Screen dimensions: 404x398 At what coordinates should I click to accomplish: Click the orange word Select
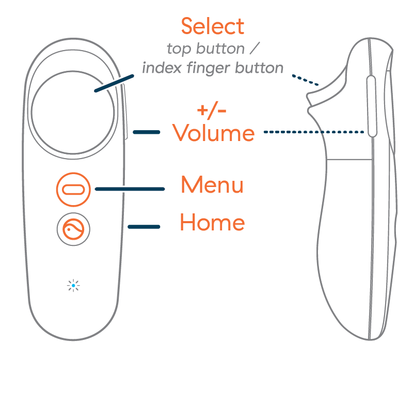point(212,26)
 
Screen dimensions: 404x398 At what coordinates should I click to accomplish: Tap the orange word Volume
point(213,133)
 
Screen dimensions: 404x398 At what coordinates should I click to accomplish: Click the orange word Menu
point(212,185)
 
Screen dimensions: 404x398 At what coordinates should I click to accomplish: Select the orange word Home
point(212,223)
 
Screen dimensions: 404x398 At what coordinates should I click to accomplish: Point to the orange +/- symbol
point(212,111)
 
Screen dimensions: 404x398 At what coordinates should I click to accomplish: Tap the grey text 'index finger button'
point(212,68)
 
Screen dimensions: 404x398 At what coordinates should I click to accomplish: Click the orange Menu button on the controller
point(73,189)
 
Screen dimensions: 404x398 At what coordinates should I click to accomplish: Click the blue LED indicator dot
point(73,285)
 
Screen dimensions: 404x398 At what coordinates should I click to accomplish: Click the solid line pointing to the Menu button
point(130,189)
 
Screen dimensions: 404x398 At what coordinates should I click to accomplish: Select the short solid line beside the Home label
point(144,226)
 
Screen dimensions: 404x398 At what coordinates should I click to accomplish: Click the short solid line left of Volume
point(146,132)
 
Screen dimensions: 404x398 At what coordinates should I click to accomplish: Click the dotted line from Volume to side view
point(315,132)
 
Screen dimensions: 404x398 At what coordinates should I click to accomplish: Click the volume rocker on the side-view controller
point(371,106)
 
